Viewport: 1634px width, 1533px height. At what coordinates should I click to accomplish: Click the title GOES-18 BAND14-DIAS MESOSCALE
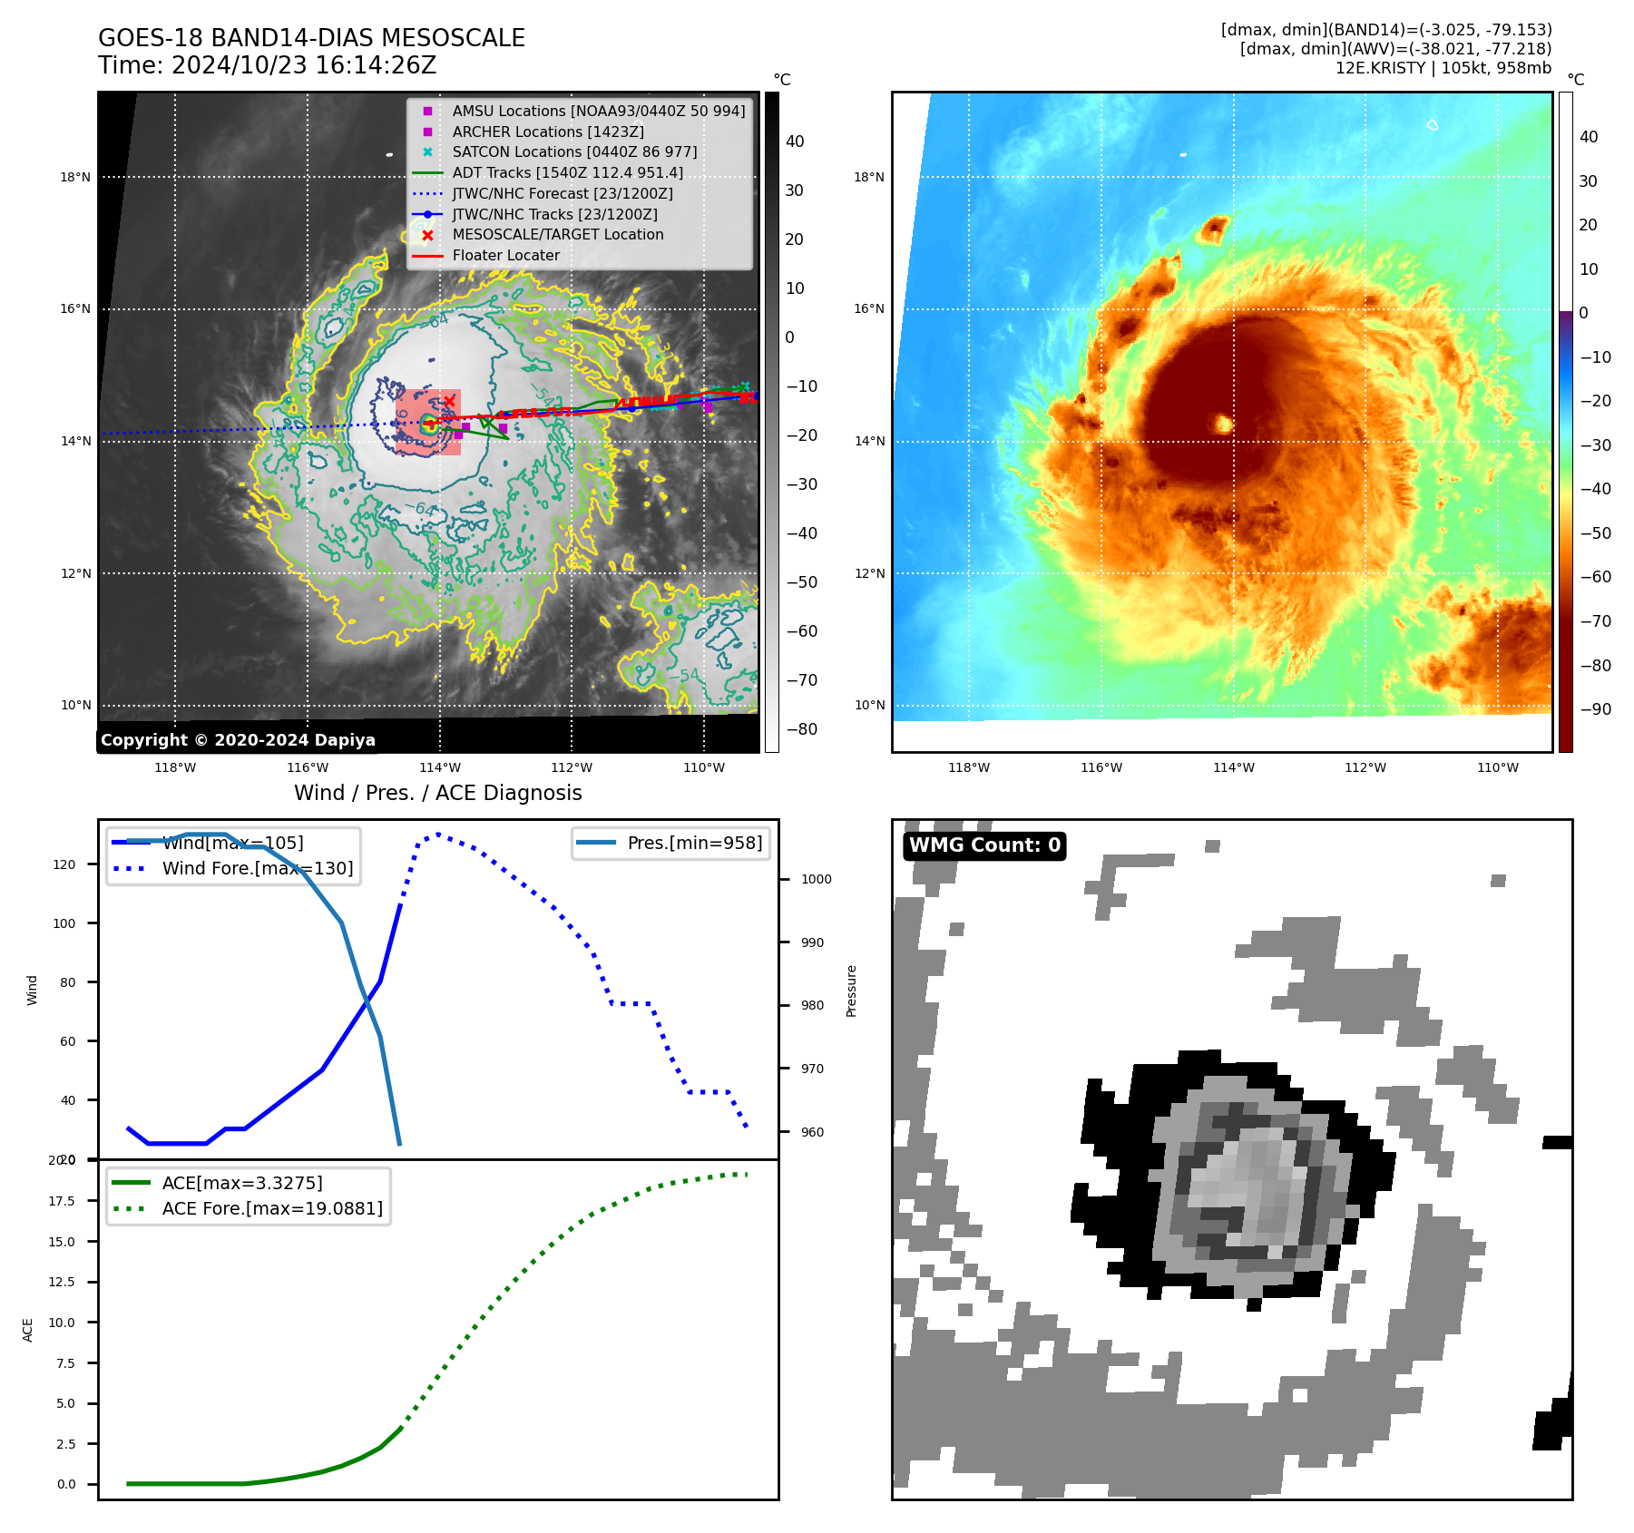click(x=311, y=38)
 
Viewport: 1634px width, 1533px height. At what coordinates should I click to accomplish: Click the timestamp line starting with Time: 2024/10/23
click(x=267, y=65)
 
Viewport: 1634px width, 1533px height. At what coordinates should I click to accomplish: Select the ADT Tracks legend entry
click(x=567, y=172)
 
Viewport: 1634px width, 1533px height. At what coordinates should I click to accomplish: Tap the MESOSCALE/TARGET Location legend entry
click(x=557, y=234)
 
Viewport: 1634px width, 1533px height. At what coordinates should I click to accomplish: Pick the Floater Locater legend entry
click(x=505, y=255)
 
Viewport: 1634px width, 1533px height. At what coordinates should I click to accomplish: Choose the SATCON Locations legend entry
click(x=574, y=151)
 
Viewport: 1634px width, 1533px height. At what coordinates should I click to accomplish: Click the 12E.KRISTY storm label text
click(x=1443, y=68)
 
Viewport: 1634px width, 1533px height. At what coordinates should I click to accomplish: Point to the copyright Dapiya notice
click(x=238, y=740)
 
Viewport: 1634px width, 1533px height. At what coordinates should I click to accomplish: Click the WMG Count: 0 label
click(x=984, y=845)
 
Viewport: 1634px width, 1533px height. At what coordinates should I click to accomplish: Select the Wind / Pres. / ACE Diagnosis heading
click(x=437, y=793)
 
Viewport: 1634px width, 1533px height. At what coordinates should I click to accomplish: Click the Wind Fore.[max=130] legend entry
click(x=257, y=868)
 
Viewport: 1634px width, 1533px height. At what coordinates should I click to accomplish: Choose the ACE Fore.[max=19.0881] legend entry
click(x=271, y=1208)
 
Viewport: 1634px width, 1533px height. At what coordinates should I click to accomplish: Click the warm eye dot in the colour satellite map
click(x=1223, y=424)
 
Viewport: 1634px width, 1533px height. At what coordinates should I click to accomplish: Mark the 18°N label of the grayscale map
click(x=75, y=177)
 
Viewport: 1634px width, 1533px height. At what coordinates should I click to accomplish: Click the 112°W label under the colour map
click(x=1365, y=767)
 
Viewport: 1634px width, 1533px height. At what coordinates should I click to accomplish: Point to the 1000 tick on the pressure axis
click(x=816, y=879)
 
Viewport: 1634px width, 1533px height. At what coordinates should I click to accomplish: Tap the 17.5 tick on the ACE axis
click(x=62, y=1201)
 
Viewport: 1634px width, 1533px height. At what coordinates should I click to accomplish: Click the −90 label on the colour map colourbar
click(x=1595, y=709)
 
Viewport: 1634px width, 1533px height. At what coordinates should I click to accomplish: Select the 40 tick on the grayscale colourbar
click(x=795, y=142)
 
